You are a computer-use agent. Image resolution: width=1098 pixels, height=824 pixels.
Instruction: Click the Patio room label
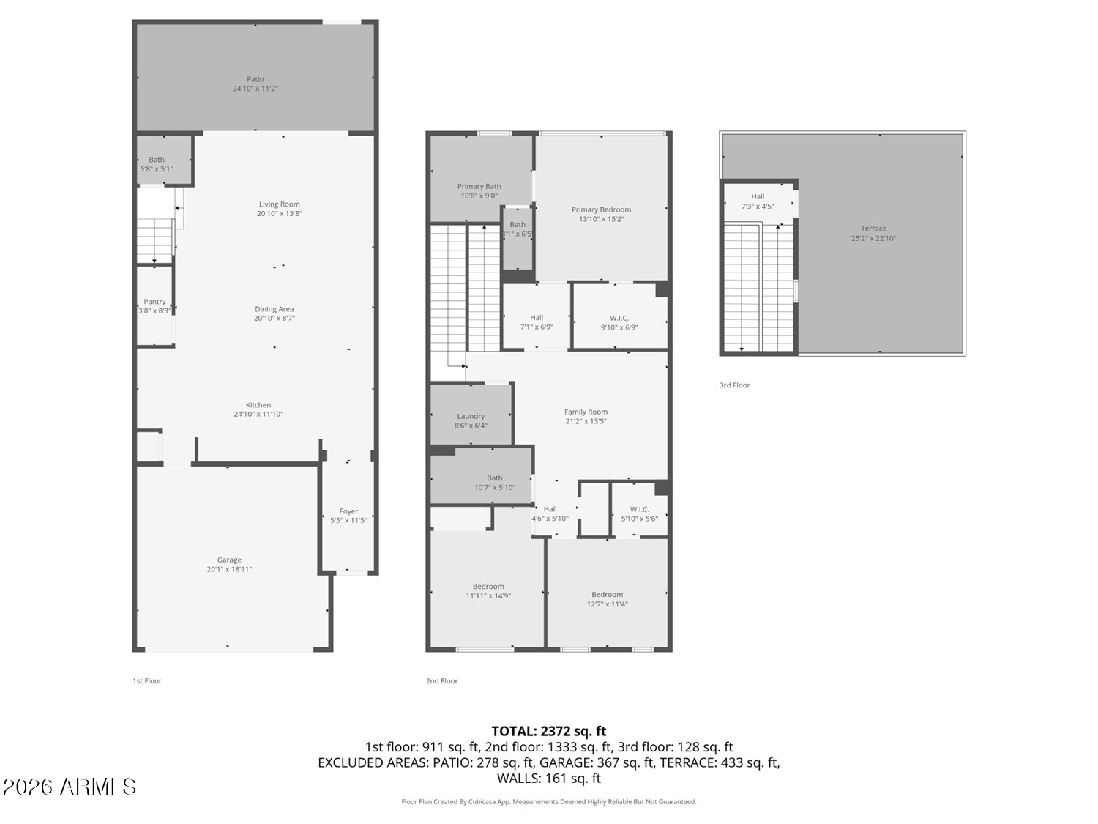[255, 79]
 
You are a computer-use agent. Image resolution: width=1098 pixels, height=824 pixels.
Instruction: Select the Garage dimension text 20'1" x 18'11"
[229, 569]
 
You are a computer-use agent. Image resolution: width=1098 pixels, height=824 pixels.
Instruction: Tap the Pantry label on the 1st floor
[154, 302]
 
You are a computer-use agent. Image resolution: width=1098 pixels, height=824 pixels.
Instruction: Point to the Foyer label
[348, 511]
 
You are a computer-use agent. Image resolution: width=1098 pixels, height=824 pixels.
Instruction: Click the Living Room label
[279, 204]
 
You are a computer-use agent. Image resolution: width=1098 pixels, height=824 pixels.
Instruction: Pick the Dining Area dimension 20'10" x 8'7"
[274, 319]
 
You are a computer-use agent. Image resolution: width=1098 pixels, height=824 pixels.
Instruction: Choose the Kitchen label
[258, 405]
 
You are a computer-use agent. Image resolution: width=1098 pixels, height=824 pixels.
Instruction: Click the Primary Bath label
[479, 187]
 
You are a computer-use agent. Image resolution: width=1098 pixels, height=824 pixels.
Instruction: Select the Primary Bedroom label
[601, 209]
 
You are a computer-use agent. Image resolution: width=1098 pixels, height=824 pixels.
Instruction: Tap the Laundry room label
[471, 416]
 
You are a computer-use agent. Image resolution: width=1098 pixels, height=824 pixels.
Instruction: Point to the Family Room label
[586, 412]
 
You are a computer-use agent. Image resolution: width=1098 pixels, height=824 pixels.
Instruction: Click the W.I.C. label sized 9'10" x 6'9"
[619, 318]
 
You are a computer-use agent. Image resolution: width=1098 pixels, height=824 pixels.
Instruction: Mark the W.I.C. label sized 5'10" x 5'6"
[639, 509]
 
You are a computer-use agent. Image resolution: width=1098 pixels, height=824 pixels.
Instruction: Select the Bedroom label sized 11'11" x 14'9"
[488, 586]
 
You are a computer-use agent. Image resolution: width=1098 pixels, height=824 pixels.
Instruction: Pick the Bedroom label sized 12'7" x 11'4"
[607, 595]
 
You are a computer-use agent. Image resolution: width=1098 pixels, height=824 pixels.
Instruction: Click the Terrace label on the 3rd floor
[873, 229]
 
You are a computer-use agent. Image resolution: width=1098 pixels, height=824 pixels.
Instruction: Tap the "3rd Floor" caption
[734, 385]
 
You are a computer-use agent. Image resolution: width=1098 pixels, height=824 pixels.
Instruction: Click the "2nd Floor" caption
[442, 681]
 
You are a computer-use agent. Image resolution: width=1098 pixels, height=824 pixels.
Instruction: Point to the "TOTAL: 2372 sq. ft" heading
[548, 731]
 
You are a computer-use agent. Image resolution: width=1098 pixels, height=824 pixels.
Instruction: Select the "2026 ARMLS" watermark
[70, 787]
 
